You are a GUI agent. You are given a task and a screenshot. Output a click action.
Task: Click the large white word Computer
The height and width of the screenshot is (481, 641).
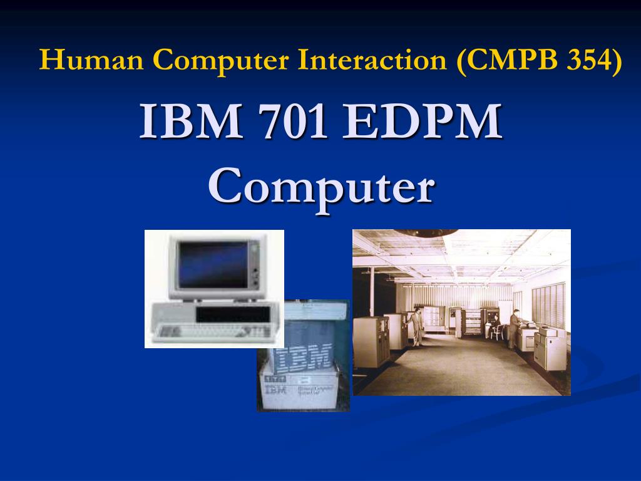(x=321, y=186)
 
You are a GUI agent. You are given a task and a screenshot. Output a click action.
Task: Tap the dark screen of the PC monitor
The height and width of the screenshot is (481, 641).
(x=213, y=264)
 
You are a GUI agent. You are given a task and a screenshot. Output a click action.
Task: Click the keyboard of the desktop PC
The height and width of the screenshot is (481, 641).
(x=213, y=333)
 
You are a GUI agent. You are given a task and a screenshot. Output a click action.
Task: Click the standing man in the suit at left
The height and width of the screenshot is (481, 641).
(x=414, y=326)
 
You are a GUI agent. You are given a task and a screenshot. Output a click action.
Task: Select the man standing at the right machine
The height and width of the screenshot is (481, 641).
(x=515, y=329)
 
